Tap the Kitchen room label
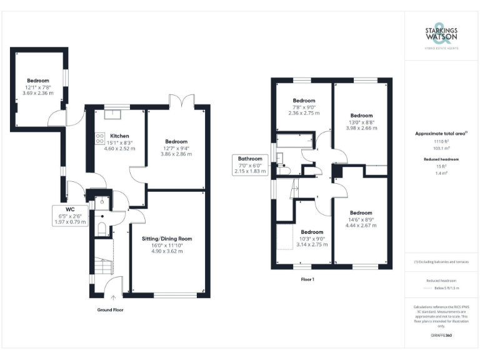[x=119, y=136]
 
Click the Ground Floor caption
[x=112, y=310]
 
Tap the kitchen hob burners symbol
[x=99, y=139]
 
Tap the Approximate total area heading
[x=440, y=134]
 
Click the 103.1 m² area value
[x=441, y=149]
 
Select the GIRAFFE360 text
[x=441, y=336]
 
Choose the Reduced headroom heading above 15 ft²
[x=441, y=160]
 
